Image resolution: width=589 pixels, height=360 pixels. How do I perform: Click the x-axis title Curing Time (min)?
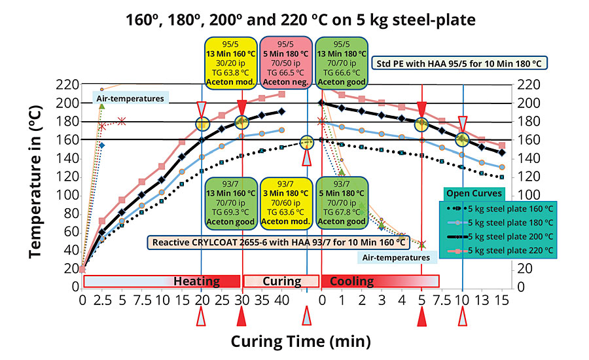click(300, 341)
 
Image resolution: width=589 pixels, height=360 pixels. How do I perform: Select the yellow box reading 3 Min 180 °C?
click(285, 202)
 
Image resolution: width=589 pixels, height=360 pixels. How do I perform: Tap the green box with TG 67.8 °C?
click(341, 202)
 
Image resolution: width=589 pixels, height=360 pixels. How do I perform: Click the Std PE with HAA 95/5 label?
click(460, 63)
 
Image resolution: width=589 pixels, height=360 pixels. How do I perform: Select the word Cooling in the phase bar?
click(351, 281)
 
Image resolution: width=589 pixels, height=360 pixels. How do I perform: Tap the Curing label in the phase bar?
click(281, 281)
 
